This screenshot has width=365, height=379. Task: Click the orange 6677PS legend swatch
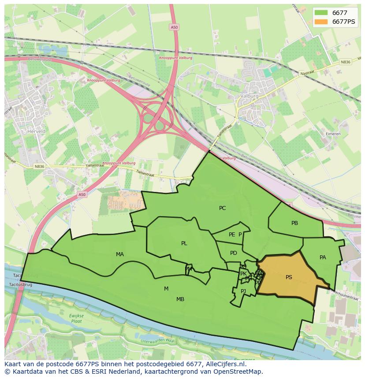point(321,22)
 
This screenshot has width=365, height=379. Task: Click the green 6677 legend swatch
point(321,13)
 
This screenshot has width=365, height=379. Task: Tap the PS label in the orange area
point(289,277)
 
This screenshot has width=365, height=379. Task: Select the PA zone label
point(323,258)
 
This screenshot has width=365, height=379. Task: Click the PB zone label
point(294,223)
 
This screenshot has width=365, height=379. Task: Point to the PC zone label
point(222,208)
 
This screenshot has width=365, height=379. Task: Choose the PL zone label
point(184,243)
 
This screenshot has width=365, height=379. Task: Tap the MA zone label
point(119,254)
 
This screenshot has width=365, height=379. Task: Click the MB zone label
point(180,299)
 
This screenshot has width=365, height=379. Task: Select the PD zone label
point(233,253)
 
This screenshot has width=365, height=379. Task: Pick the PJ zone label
point(243,291)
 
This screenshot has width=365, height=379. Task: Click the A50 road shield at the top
point(174,27)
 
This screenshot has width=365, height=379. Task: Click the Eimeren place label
point(333,134)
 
